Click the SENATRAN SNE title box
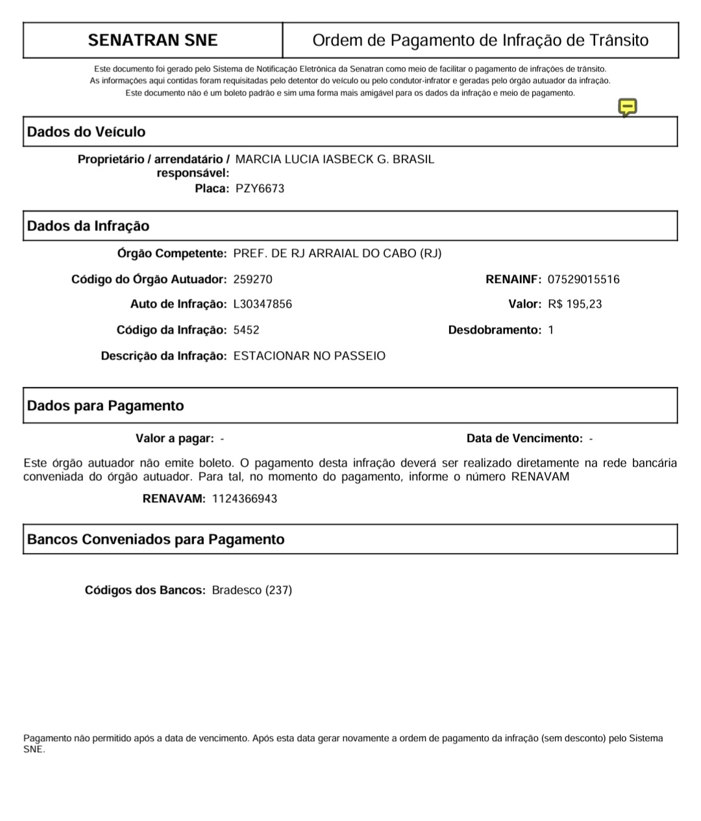click(153, 40)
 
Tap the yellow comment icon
click(627, 107)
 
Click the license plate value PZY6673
click(260, 189)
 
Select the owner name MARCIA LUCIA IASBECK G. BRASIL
click(334, 160)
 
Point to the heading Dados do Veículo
click(86, 132)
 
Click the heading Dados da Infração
click(88, 226)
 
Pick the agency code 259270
click(252, 280)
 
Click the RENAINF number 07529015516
click(584, 280)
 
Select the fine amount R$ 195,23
click(574, 304)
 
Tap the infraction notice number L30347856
click(262, 304)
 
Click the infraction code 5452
click(246, 330)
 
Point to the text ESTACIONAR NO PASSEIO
click(309, 356)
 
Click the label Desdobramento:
click(495, 330)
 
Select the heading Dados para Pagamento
click(106, 406)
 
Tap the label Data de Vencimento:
click(524, 439)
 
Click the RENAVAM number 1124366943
click(245, 499)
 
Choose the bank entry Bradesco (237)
click(252, 591)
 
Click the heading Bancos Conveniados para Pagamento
click(156, 539)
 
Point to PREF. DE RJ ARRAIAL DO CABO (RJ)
click(337, 254)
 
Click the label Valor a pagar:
click(175, 439)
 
